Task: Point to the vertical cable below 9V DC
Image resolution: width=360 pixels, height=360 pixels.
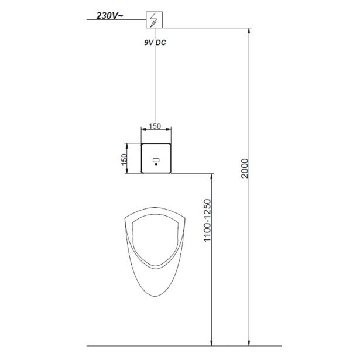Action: point(155,82)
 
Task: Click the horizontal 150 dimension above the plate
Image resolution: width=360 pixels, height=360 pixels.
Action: point(155,125)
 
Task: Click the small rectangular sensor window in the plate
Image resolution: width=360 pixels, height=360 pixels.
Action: point(156,159)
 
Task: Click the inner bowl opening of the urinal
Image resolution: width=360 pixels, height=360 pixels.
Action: point(155,240)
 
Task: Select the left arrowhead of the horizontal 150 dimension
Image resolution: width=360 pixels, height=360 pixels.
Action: point(142,131)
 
